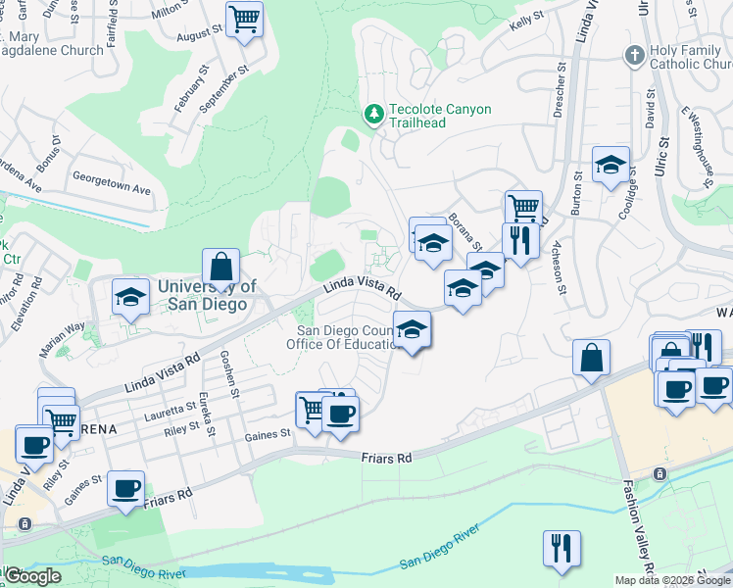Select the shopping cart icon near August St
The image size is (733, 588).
(x=243, y=19)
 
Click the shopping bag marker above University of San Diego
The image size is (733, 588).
(x=221, y=267)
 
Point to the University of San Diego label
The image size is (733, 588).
(x=207, y=295)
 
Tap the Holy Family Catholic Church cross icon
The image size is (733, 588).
(x=634, y=55)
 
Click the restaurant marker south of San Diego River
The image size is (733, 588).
(x=562, y=548)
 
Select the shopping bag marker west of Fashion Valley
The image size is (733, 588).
(x=592, y=358)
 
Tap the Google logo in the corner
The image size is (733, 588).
(x=31, y=576)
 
